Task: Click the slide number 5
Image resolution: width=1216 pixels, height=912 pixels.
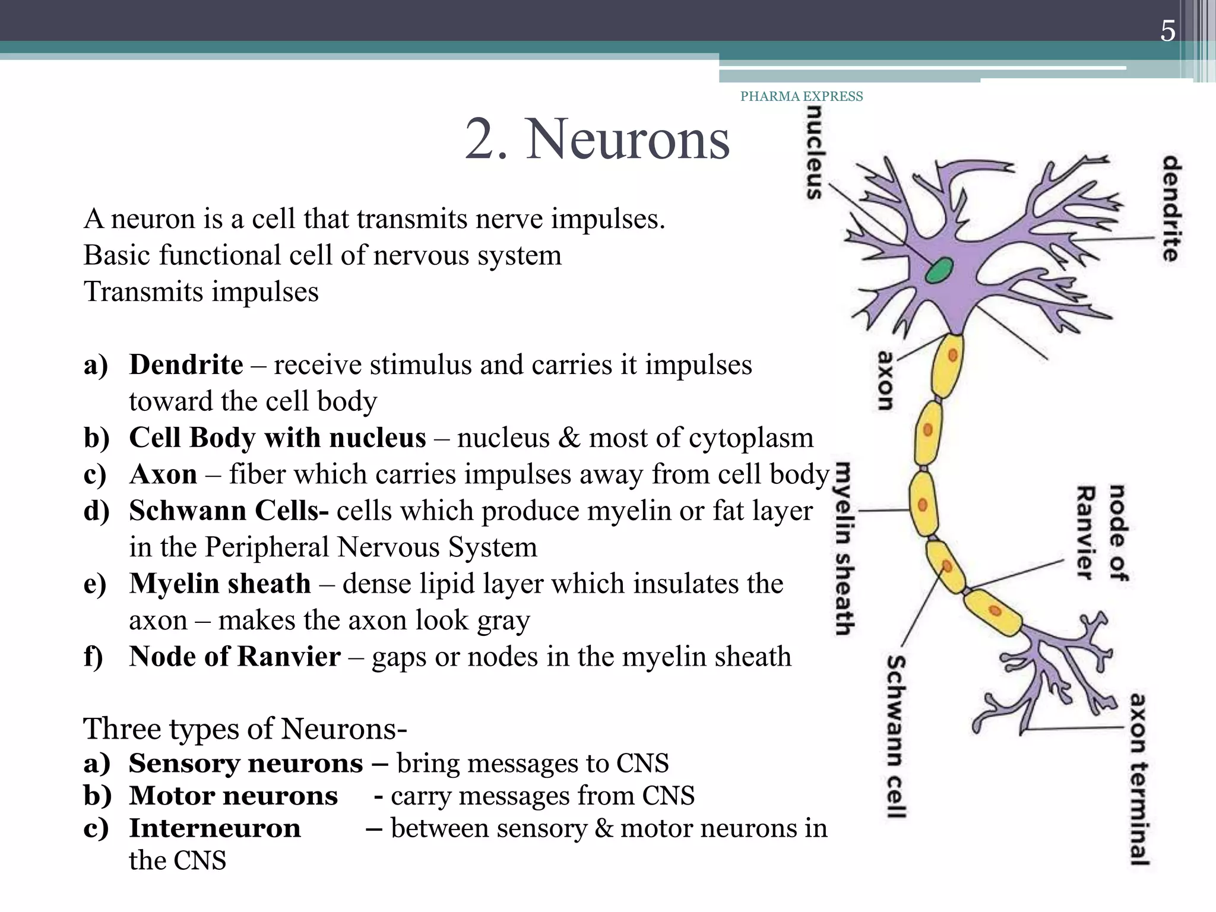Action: coord(1167,31)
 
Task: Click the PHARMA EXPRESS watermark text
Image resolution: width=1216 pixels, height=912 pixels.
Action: coord(802,96)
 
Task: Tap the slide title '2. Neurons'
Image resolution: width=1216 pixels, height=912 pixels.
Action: coord(597,139)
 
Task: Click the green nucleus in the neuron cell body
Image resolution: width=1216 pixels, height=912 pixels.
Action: coord(939,271)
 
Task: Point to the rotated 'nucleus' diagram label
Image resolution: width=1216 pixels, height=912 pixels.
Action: coord(815,153)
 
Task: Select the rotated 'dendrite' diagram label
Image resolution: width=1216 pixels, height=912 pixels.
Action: coord(1171,208)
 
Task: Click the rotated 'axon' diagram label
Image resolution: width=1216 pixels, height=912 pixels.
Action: coord(885,381)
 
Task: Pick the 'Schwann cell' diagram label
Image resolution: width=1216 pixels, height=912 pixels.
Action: coord(897,737)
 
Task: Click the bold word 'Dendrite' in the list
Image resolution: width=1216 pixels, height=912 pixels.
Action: coord(186,365)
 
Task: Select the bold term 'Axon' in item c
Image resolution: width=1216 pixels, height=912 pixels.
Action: coord(163,474)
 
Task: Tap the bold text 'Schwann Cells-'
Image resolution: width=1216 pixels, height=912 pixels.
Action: coord(229,511)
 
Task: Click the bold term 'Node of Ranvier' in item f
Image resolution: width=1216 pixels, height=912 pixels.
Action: coord(235,657)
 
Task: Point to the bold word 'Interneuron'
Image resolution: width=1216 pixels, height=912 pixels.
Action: coord(215,828)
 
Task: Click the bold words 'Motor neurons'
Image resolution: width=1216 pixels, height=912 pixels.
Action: coord(233,796)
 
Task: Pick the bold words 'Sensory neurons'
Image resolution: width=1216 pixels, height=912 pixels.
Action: coord(246,764)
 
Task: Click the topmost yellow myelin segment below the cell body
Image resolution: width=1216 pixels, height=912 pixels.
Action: coord(948,365)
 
